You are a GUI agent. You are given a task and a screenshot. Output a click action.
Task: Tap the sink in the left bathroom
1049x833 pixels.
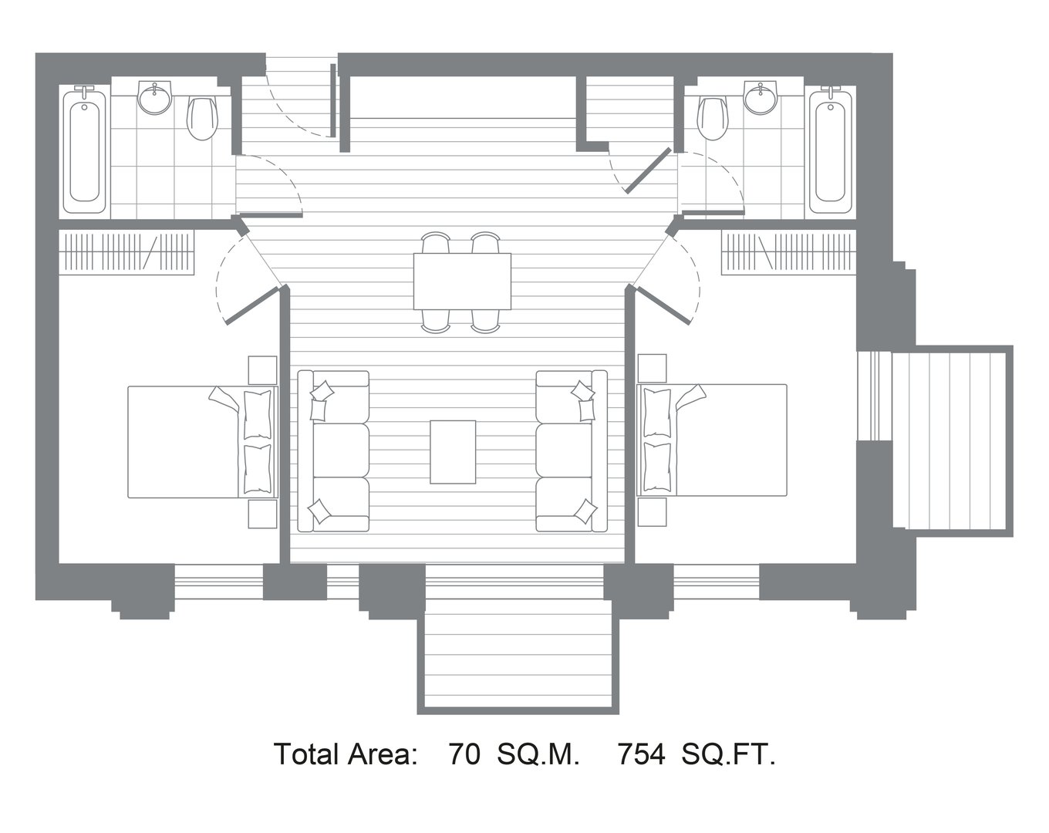coord(155,97)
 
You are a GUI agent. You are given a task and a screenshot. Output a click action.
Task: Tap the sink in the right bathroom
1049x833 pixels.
coord(760,97)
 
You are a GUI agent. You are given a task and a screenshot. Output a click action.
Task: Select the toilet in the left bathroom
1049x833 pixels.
coord(202,119)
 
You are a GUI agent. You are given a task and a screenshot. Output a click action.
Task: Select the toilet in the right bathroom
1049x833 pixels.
coord(713,119)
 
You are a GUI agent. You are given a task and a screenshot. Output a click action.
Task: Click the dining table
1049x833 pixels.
coord(462,282)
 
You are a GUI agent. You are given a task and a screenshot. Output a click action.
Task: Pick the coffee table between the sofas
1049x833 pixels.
coord(452,452)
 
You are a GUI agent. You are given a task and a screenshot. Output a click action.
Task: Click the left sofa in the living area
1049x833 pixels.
coord(333,451)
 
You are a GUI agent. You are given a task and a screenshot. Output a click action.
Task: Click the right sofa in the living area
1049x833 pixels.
coord(572,451)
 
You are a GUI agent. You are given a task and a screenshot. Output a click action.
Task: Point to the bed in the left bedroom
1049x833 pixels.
coord(203,442)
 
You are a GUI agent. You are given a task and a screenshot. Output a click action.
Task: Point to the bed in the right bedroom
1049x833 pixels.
coord(712,440)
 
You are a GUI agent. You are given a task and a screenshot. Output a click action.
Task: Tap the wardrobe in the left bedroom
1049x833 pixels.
coord(126,252)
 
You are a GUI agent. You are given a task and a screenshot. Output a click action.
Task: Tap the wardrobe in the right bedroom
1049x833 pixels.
coord(789,252)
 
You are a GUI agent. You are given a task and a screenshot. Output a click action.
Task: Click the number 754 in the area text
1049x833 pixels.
coord(641,754)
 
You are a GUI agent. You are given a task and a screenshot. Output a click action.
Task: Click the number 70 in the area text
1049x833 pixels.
coord(464,754)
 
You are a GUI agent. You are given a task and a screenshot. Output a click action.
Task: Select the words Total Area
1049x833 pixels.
coord(346,754)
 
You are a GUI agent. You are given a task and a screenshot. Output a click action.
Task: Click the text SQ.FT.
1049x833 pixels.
coord(728,754)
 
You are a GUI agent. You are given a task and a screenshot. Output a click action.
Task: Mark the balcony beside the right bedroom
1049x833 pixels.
coord(949,441)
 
